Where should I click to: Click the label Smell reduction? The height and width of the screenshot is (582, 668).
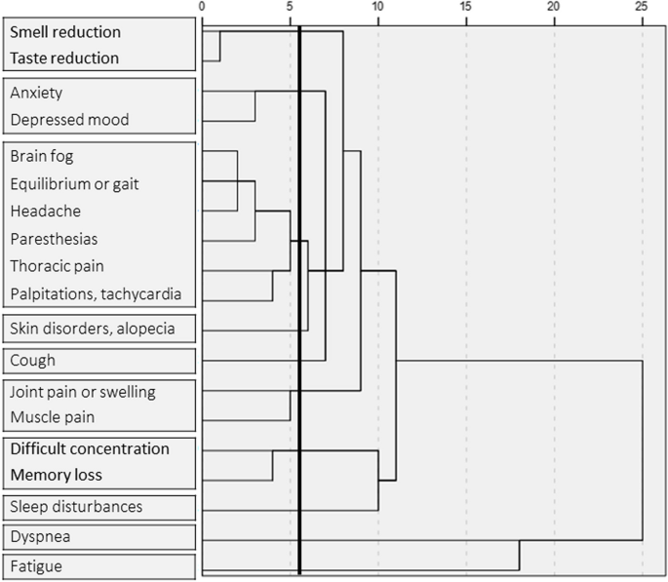[65, 32]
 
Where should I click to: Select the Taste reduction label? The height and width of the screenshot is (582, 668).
[64, 58]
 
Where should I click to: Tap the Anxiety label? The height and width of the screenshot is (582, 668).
[36, 93]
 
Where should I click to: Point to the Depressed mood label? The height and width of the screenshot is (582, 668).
[68, 120]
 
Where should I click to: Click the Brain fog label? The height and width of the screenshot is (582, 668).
[42, 156]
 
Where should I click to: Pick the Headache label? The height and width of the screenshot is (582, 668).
[45, 211]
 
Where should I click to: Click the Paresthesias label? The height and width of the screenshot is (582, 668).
[54, 238]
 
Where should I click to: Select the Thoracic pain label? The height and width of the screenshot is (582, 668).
[57, 265]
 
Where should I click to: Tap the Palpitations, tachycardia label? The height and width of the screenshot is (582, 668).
[95, 292]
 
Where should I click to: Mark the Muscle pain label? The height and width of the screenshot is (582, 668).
[52, 417]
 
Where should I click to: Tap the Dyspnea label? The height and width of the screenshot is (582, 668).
[39, 536]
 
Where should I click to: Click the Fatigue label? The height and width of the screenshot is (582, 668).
[35, 565]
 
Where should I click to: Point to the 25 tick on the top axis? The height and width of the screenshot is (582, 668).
[642, 7]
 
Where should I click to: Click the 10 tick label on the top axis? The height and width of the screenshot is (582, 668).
[377, 7]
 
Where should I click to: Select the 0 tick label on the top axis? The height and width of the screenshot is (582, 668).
[202, 7]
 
